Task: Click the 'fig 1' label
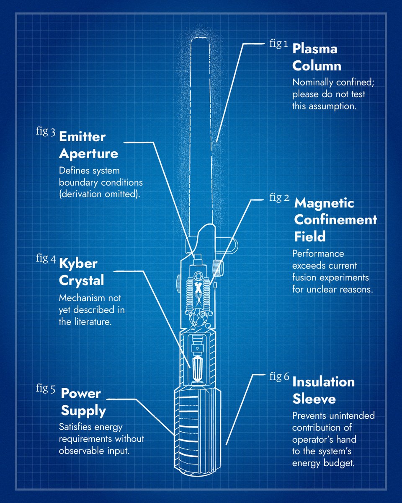(x=278, y=44)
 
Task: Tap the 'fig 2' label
(x=279, y=198)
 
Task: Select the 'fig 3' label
(x=46, y=131)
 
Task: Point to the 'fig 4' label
(x=46, y=259)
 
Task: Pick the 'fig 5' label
(x=46, y=389)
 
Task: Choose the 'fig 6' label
(x=279, y=376)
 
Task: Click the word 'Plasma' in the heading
(x=315, y=49)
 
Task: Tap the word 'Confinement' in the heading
(x=335, y=220)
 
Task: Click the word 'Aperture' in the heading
(x=88, y=154)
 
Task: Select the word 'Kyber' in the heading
(x=78, y=264)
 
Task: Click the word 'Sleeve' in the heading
(x=314, y=399)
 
